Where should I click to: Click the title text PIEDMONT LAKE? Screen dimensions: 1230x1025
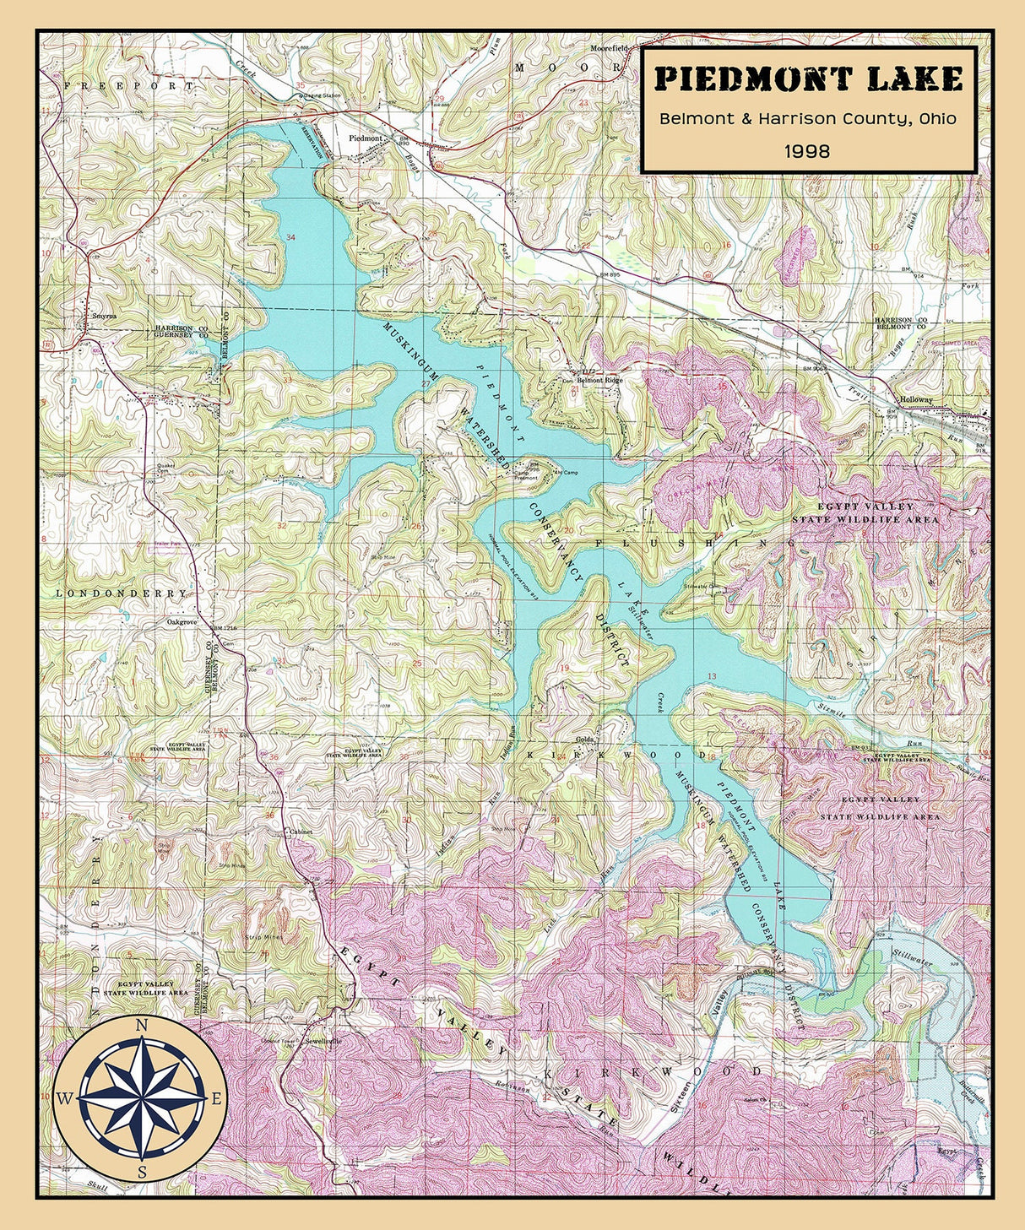808,79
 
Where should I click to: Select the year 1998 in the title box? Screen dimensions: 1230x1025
807,151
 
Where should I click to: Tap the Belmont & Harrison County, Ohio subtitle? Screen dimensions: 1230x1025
808,118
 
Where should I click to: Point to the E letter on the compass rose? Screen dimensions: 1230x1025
216,1098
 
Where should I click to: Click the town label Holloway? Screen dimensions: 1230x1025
917,399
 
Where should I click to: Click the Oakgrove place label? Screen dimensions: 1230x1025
182,622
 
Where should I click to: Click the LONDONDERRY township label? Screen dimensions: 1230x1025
122,593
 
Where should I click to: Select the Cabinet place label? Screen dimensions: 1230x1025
301,832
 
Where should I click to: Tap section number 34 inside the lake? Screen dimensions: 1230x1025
291,238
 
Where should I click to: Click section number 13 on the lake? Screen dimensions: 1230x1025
712,676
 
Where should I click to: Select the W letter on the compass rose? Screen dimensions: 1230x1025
65,1098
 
